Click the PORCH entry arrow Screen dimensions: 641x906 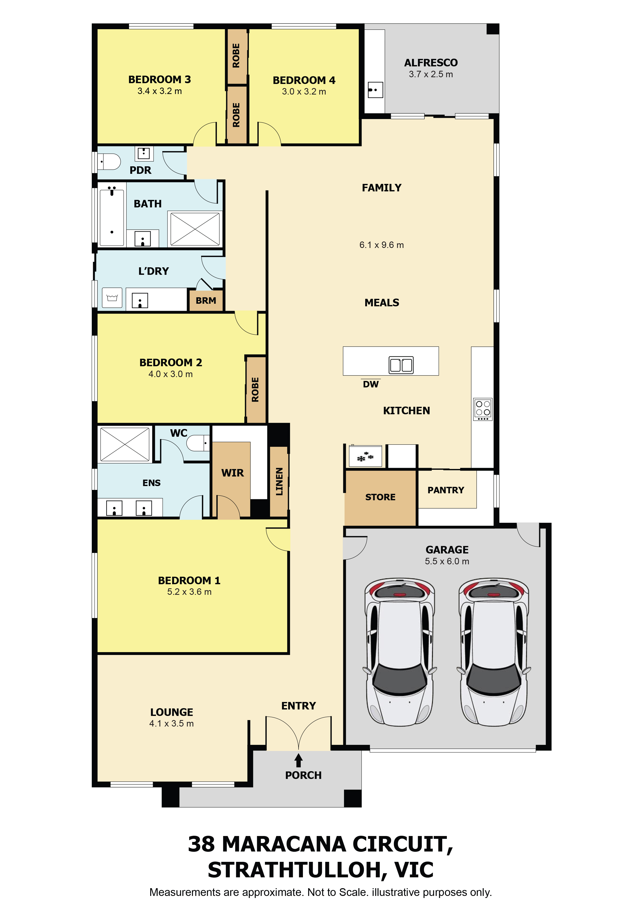[x=299, y=760]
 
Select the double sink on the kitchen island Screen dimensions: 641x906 [x=401, y=365]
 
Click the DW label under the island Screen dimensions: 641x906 [x=371, y=384]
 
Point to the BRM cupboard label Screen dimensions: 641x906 [x=206, y=301]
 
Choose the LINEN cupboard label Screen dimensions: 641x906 [x=279, y=481]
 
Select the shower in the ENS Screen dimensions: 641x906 [x=125, y=444]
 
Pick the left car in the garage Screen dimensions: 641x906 [x=400, y=652]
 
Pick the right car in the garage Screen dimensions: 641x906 [x=494, y=652]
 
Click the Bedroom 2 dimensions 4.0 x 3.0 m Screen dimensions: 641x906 [x=171, y=374]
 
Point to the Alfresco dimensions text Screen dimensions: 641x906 [x=431, y=74]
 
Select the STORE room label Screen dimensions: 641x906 [x=380, y=497]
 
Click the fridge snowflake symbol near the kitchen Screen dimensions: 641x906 [x=365, y=457]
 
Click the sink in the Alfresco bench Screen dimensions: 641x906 [x=375, y=90]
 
